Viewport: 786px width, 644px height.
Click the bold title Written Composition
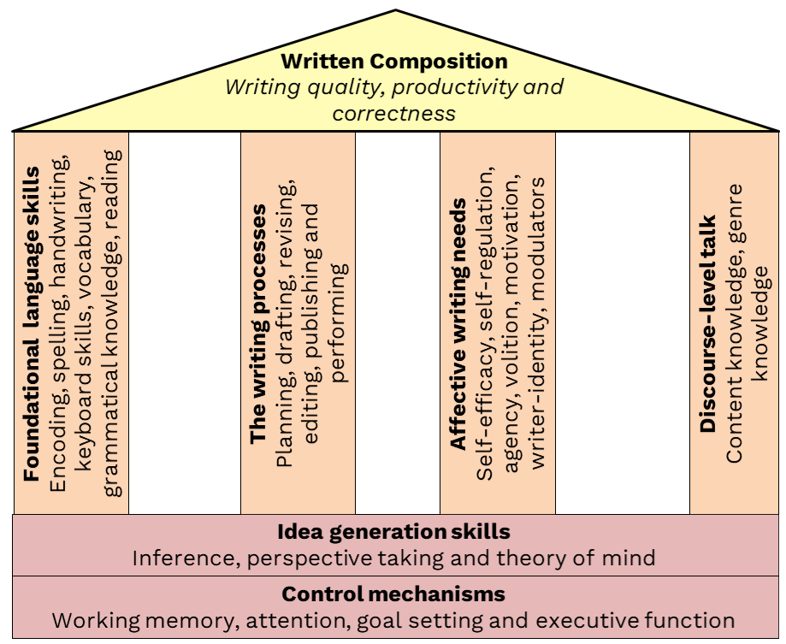394,62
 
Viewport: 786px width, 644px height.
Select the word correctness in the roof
394,113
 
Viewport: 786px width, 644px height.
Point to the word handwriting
59,204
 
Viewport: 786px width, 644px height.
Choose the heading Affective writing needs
458,324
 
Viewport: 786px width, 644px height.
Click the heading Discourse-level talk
708,324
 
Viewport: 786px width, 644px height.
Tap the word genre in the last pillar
735,209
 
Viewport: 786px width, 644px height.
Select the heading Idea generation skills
393,532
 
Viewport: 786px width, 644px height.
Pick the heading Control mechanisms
393,594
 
